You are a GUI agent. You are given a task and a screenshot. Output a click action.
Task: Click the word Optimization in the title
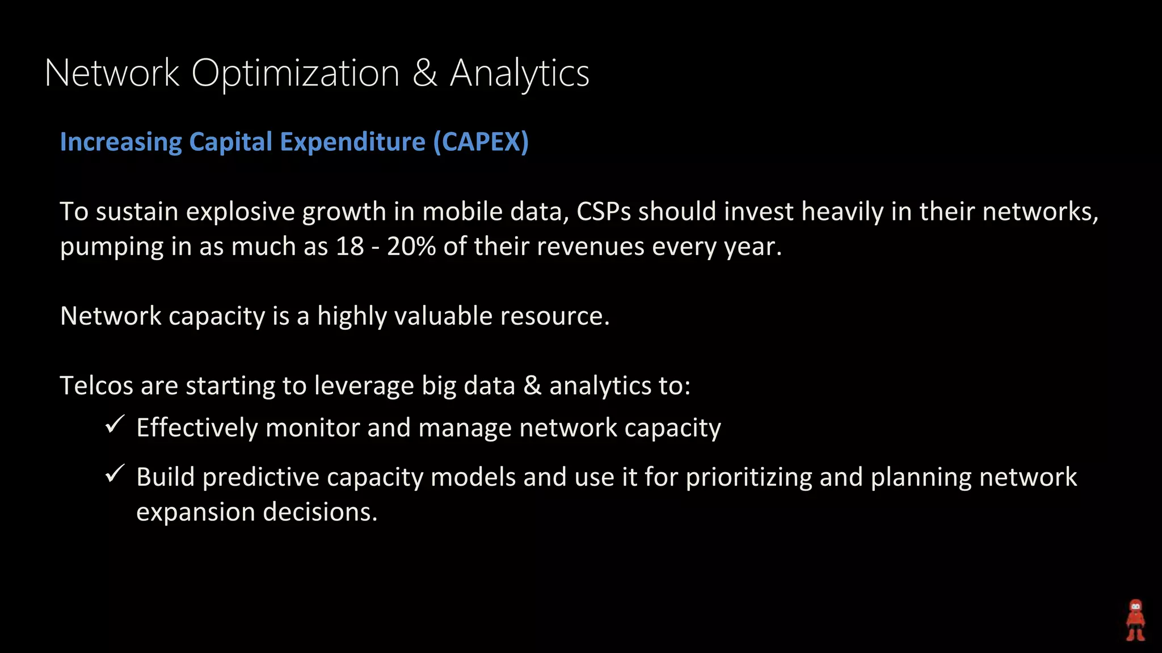click(x=295, y=74)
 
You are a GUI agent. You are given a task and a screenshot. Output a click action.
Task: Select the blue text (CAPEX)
click(x=481, y=142)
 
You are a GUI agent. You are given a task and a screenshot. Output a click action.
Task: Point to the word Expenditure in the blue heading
click(x=352, y=142)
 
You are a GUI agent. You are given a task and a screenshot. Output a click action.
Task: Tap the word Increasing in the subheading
click(x=121, y=142)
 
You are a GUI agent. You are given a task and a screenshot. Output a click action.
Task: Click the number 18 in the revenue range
click(x=350, y=247)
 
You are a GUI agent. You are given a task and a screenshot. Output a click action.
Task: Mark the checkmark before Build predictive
click(x=115, y=473)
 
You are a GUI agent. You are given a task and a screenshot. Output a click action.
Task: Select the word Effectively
click(x=197, y=428)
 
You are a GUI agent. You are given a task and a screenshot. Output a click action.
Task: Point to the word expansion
click(x=196, y=512)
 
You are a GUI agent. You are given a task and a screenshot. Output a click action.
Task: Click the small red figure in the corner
click(x=1135, y=620)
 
